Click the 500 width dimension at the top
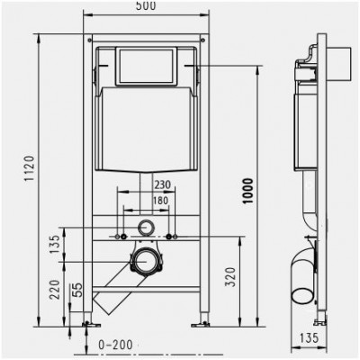click(146, 5)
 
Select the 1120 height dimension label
click(30, 168)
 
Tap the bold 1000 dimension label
click(248, 191)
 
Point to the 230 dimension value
click(162, 184)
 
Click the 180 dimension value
click(161, 201)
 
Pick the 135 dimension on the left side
click(55, 244)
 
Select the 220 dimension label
click(55, 290)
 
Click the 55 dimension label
click(77, 290)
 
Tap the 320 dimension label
click(230, 277)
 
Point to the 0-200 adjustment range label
click(115, 345)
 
